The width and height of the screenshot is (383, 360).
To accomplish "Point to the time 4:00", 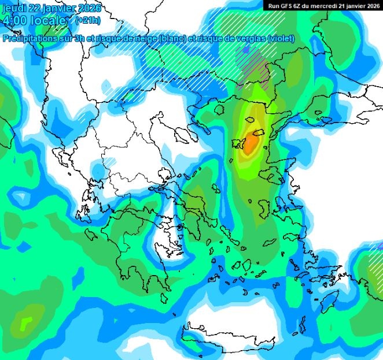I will coord(14,21).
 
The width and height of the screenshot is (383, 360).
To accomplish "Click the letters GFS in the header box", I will coord(286,5).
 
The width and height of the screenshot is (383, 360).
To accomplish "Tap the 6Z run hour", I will coord(300,5).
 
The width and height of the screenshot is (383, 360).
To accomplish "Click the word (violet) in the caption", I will coord(282,39).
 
